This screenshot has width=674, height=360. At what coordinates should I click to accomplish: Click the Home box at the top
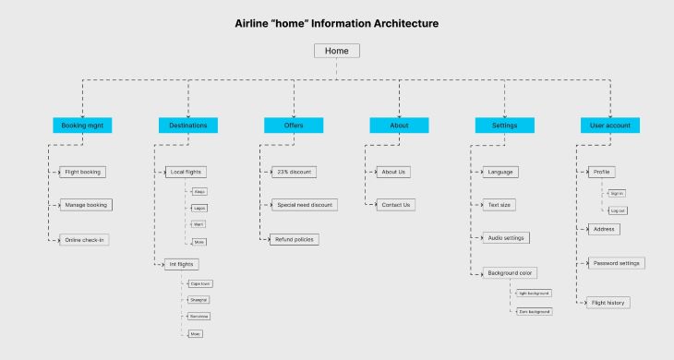coord(336,52)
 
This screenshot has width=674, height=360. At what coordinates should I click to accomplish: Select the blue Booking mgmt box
coord(82,125)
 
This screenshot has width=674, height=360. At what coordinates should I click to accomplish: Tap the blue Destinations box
coord(188,125)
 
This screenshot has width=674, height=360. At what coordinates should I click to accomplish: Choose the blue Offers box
coord(294,125)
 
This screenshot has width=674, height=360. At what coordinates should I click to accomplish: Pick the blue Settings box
coord(504,125)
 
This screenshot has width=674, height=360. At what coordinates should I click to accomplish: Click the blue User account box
coord(610,125)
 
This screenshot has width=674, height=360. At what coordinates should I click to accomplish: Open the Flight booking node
coord(83,172)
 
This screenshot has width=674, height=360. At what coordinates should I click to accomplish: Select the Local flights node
coord(187,172)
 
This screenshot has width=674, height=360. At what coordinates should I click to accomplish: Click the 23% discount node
coord(295,172)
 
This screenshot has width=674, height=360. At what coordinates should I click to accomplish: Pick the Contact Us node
coord(395,205)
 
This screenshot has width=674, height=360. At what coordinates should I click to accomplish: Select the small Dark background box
coord(534,312)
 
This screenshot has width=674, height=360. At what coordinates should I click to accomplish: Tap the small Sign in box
coord(618,194)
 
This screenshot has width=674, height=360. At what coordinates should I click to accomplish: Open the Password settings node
coord(616,263)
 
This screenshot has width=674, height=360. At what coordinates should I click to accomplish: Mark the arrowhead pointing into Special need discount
coord(271,205)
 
